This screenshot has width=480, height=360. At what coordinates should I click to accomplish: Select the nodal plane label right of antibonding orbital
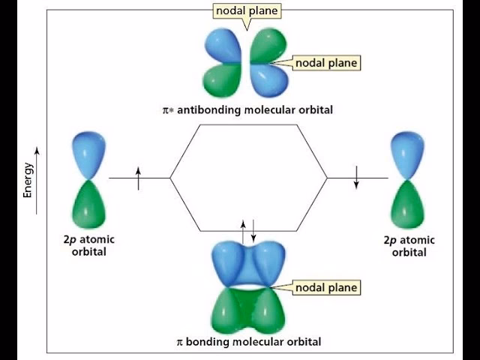coord(325,63)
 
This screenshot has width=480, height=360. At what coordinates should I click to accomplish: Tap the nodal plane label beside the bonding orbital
coord(325,287)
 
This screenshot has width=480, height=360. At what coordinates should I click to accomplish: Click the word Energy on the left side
coord(28,180)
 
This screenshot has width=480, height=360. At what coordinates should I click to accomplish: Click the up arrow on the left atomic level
coord(139,178)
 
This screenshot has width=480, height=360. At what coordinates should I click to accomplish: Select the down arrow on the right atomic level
coord(357,178)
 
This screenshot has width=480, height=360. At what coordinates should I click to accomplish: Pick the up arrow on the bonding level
coord(242,229)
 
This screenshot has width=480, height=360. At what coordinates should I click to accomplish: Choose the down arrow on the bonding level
coord(253,229)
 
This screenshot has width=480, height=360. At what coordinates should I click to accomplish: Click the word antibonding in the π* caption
coord(223,110)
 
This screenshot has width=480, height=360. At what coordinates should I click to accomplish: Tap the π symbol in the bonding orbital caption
coord(179,341)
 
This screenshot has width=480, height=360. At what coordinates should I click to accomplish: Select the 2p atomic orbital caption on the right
coord(409,246)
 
